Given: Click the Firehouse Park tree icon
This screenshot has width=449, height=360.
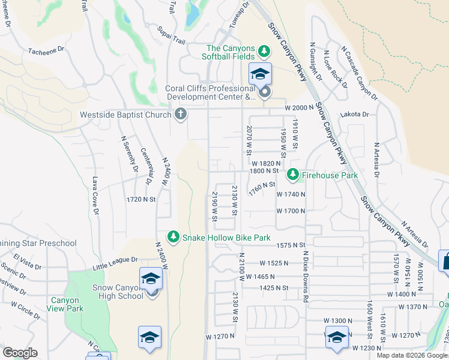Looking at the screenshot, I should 292,175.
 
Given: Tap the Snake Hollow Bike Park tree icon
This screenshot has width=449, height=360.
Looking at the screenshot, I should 173,238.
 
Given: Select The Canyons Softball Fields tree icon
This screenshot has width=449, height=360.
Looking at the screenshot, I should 264,49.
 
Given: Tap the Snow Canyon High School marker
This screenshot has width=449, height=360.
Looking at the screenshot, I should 151,279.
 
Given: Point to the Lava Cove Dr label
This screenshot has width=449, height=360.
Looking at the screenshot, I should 95,194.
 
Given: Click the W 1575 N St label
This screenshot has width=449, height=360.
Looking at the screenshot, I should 291,245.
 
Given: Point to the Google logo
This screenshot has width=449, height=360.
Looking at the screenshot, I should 20,353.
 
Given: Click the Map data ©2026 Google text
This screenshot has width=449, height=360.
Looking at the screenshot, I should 412,355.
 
